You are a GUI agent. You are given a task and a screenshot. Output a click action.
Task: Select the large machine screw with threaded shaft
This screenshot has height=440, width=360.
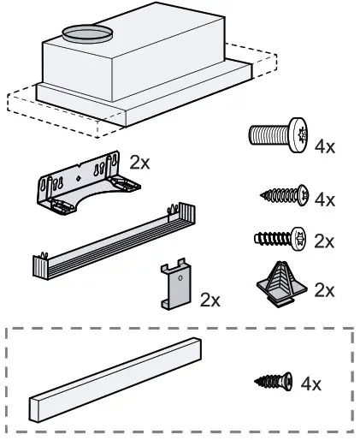click(x=278, y=136)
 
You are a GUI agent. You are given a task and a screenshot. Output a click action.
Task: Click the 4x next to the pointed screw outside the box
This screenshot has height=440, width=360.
click(x=325, y=199)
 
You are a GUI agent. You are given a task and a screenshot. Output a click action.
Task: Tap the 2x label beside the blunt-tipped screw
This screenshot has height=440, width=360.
click(x=324, y=241)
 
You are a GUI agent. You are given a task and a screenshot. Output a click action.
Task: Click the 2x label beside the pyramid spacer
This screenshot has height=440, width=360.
click(x=324, y=290)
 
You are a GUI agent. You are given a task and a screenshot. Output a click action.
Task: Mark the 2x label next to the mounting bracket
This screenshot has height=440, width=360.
click(x=139, y=162)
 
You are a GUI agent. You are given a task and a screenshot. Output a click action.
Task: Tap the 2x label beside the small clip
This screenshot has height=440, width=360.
click(x=210, y=300)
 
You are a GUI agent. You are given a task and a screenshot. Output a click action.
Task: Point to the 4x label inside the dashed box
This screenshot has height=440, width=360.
click(x=311, y=384)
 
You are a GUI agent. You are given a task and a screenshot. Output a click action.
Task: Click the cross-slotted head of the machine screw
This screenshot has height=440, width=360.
click(x=296, y=135)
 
